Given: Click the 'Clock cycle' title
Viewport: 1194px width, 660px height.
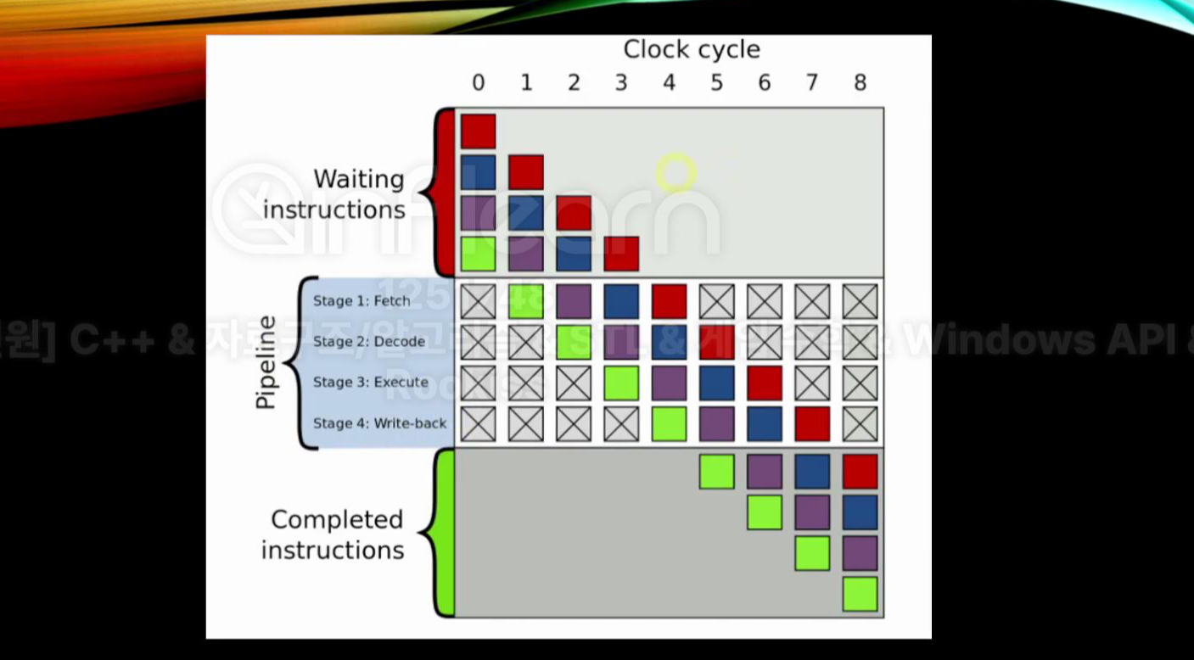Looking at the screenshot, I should coord(691,49).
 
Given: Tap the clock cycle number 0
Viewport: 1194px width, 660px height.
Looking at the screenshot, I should coord(479,82).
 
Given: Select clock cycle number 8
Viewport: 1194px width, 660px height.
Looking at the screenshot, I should coord(860,82).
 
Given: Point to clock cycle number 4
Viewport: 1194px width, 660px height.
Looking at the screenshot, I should coord(669,82).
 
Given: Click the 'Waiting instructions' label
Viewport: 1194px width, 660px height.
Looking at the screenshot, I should coord(334,194).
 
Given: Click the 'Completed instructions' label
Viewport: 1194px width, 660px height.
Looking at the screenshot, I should coord(333,534).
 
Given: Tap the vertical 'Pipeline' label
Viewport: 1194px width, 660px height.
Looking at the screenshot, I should coord(266,362).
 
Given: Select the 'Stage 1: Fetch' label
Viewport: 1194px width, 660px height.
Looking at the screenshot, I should coord(362,300).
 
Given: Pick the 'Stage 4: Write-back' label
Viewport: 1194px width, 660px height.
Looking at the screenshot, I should coord(379,422).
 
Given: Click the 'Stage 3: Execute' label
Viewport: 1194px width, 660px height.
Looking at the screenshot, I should coord(371,382).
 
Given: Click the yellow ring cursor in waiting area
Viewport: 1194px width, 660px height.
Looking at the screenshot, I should coord(676,173).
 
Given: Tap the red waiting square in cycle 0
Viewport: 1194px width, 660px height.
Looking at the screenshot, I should coord(479,131).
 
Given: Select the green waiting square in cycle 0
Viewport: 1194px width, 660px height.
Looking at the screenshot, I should coord(479,254).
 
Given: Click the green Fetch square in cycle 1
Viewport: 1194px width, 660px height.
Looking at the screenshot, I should coord(526,301).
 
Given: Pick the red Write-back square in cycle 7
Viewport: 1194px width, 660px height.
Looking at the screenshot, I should coord(812,423).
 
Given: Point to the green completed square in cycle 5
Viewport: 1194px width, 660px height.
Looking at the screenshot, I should coord(717,472).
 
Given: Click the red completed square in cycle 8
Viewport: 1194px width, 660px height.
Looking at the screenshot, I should coord(860,472).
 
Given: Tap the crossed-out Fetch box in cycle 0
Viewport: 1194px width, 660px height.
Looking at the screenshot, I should coord(479,301).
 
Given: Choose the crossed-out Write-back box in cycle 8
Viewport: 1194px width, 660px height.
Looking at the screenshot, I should coord(860,423).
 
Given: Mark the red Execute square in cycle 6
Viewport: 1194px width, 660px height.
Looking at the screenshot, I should coord(765,383).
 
